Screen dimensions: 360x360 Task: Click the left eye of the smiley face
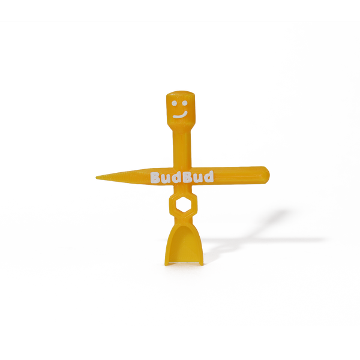click(x=175, y=104)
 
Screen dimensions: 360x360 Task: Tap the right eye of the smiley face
click(x=185, y=103)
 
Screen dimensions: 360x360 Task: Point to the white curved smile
click(x=181, y=115)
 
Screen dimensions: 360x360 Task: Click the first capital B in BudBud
click(x=155, y=178)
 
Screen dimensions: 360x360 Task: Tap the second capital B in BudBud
click(x=184, y=177)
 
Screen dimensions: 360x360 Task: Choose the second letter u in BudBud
click(x=194, y=178)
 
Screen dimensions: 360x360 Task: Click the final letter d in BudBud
click(x=208, y=176)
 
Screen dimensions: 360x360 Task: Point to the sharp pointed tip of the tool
click(x=97, y=177)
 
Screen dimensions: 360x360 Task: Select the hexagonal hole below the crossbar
click(x=183, y=204)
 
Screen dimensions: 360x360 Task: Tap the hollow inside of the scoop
click(x=183, y=244)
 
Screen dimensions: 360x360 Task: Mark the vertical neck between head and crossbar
click(x=181, y=148)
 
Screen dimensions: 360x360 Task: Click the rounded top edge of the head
click(x=181, y=92)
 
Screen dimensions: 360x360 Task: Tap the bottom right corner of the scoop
click(x=202, y=264)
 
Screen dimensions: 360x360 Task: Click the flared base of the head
click(x=181, y=127)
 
